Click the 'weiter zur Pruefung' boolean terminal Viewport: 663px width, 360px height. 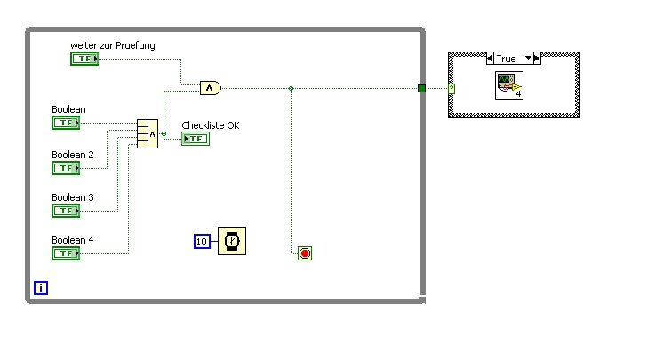click(x=84, y=59)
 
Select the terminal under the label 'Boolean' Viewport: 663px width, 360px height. click(x=66, y=124)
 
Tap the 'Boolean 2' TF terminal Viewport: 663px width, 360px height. click(x=66, y=168)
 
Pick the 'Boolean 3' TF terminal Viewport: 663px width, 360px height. click(x=66, y=211)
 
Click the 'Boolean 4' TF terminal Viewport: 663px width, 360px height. click(x=66, y=253)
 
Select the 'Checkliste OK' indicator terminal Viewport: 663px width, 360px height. click(x=196, y=139)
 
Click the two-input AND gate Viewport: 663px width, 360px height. click(x=210, y=87)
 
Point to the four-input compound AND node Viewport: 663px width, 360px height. click(x=148, y=134)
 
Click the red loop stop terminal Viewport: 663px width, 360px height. click(x=305, y=253)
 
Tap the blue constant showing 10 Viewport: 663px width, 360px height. click(x=202, y=241)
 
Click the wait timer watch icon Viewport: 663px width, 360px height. click(x=232, y=241)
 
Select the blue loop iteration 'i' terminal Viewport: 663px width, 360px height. click(x=41, y=287)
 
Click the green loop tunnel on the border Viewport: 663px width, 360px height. click(x=422, y=88)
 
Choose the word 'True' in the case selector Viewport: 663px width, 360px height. click(x=506, y=59)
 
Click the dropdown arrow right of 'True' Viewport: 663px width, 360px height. click(x=531, y=59)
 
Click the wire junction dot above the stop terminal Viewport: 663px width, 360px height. click(x=292, y=88)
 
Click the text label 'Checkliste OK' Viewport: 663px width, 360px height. click(x=211, y=125)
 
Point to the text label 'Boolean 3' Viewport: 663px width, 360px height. click(x=73, y=197)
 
